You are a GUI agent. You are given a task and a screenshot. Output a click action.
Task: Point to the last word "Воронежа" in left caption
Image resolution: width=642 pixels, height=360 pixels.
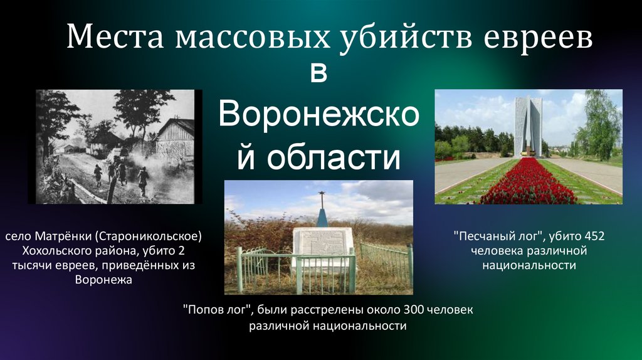103,280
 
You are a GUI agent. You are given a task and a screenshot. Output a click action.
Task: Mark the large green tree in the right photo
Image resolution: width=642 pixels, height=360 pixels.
599,125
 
